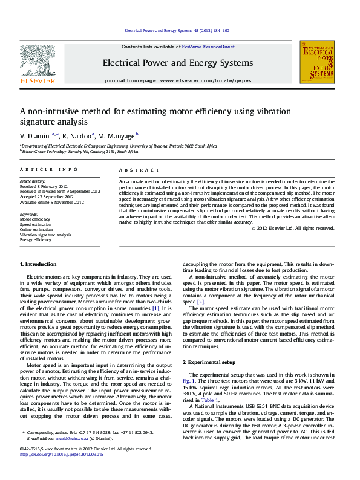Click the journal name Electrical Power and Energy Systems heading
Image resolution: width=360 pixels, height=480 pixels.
point(177,63)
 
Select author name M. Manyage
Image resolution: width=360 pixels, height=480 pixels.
point(117,136)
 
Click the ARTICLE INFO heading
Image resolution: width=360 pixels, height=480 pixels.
point(49,170)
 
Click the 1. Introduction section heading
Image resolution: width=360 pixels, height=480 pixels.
point(39,264)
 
